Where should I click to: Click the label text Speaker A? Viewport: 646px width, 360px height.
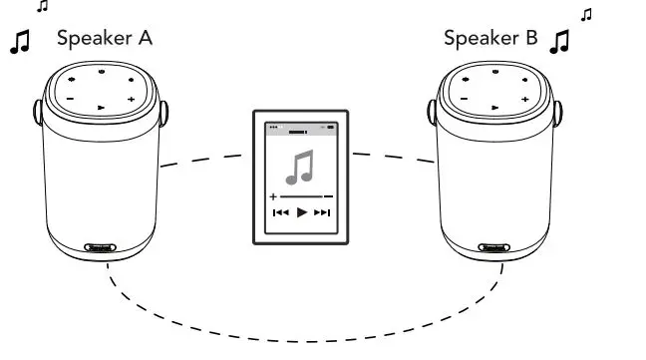(105, 39)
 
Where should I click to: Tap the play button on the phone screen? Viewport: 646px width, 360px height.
(302, 212)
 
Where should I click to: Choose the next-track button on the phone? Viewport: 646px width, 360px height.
(322, 212)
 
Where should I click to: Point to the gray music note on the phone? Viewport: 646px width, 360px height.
(300, 167)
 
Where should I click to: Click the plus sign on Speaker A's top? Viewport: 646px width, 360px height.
(131, 99)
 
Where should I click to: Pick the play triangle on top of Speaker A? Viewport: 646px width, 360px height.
(101, 106)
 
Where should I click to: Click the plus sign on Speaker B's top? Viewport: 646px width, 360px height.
(524, 99)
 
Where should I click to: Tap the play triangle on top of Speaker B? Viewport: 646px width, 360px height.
(493, 106)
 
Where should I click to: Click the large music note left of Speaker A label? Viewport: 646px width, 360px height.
(20, 42)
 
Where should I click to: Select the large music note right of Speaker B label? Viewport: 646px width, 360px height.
(562, 42)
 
